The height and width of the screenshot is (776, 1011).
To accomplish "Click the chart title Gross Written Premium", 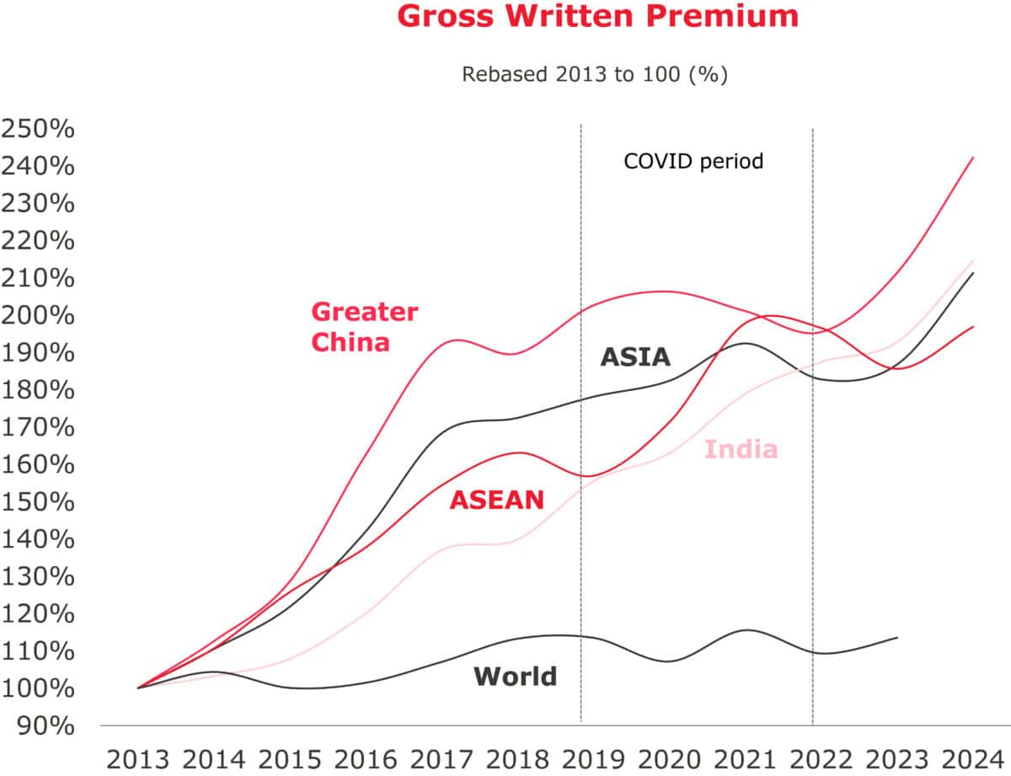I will coord(597,16).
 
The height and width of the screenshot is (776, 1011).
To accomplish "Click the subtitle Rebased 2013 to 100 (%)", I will coord(594,74).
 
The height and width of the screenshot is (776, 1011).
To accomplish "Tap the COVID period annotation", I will coord(693,161).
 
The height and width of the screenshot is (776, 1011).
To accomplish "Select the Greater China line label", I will coord(364,327).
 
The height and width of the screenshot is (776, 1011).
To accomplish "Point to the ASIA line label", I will coord(635,357).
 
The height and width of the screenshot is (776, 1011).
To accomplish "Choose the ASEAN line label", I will coord(496,500).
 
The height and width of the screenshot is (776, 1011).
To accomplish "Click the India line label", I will coord(741,449).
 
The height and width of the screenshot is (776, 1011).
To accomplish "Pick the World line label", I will coord(515,676).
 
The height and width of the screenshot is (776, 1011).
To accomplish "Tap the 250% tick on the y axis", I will coord(38,130).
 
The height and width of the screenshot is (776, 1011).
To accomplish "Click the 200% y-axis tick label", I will coord(38,316).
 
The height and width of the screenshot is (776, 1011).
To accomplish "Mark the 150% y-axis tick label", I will coord(38,502).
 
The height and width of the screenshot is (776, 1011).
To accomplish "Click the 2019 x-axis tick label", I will coord(580,759).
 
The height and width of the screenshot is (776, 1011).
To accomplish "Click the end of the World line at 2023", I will coord(896,638).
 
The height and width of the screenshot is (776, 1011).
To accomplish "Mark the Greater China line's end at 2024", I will coord(974,157).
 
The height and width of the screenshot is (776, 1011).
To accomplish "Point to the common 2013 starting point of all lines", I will coord(139,688).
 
